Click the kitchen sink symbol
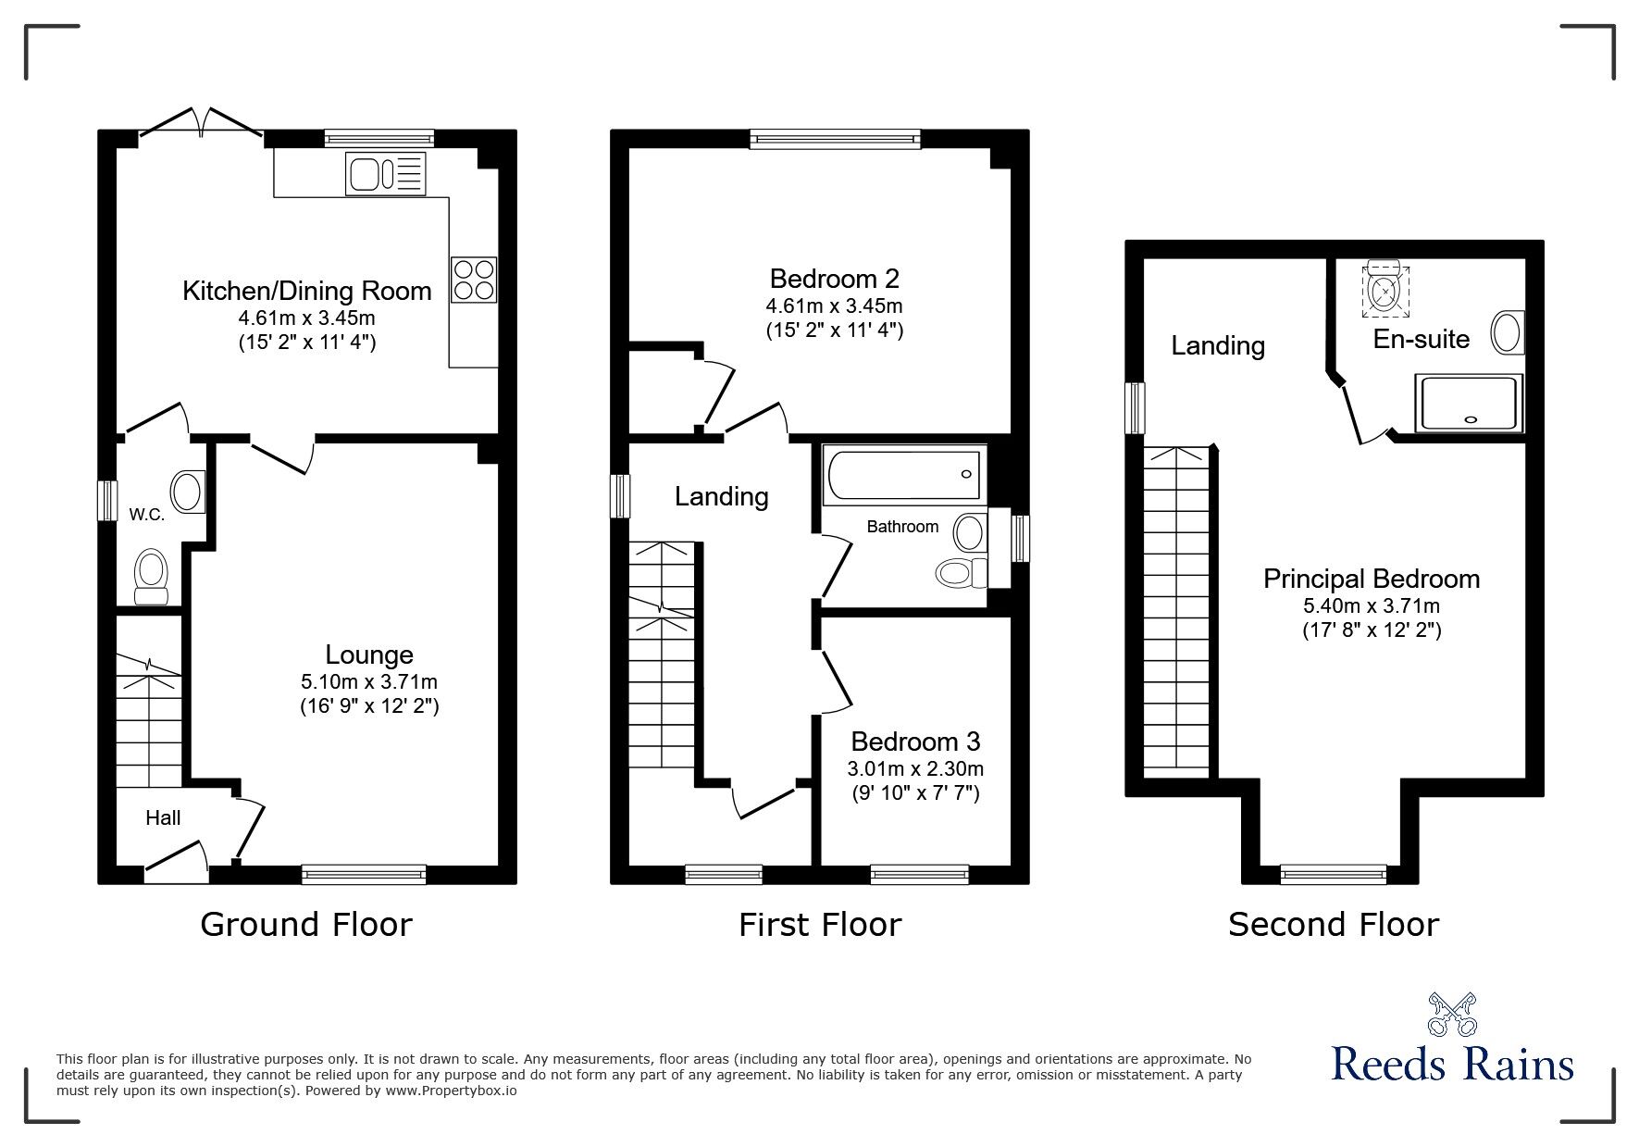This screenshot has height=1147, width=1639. pos(386,174)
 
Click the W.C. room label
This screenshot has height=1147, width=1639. pos(147,515)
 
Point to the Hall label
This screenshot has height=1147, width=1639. pos(163,817)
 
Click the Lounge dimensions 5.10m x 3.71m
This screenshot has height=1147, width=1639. pos(368,682)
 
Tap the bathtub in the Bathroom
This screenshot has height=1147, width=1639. pos(903,475)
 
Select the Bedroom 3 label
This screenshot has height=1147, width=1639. pos(915,742)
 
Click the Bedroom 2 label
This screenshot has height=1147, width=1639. pos(834,278)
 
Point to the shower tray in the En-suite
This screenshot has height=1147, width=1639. pos(1469,403)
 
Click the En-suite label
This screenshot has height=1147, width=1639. pos(1421,339)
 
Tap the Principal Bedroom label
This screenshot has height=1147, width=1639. pos(1372,579)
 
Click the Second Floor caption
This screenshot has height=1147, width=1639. pos(1333,924)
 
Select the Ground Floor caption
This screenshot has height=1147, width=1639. pos(305,924)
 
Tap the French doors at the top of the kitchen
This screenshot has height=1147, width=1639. pos(201,125)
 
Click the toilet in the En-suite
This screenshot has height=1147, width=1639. pos(1384,288)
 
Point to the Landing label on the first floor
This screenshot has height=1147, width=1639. pos(721,497)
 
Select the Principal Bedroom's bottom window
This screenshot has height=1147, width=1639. pos(1334,873)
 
